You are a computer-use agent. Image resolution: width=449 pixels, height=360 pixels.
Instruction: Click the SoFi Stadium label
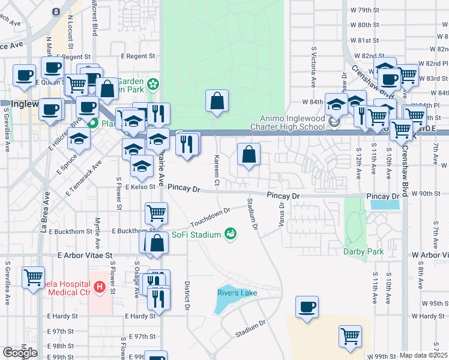[196, 235]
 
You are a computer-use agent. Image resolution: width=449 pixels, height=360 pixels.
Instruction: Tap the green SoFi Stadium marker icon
[229, 234]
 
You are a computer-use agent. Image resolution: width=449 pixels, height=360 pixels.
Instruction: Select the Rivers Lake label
[237, 293]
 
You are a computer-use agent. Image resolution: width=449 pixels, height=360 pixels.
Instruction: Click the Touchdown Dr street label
[211, 217]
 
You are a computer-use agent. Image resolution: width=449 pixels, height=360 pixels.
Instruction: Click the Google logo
[20, 353]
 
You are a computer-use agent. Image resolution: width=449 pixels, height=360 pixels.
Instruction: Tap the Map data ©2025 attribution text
[423, 355]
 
